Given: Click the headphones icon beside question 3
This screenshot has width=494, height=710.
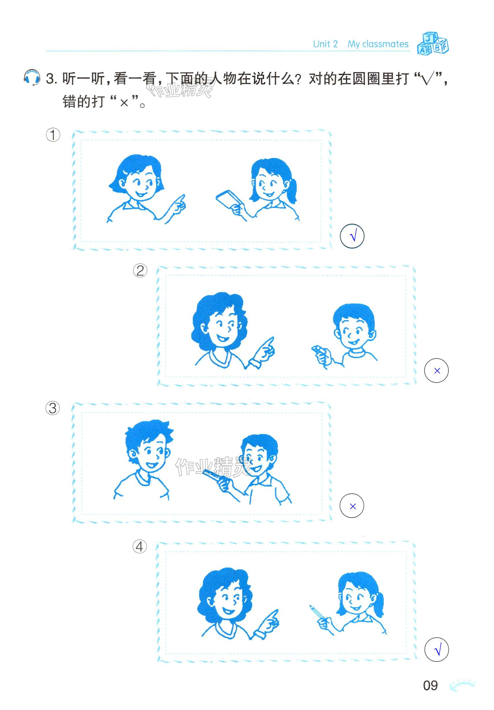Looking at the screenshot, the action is (32, 78).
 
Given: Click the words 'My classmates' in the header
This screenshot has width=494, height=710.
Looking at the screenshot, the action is (378, 44).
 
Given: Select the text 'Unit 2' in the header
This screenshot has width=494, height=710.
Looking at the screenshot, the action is (325, 44).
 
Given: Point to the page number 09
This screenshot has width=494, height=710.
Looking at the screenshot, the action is (430, 686).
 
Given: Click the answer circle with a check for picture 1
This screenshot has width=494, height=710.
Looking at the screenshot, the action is (352, 236).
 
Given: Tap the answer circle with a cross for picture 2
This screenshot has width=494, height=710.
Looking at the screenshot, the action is (436, 370).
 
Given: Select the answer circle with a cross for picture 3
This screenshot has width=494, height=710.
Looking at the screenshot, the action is (352, 506).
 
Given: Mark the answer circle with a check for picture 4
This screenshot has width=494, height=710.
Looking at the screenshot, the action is (436, 650).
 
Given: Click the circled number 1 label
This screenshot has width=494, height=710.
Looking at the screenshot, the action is (53, 135).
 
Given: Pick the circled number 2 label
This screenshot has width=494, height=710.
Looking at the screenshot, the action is (140, 271).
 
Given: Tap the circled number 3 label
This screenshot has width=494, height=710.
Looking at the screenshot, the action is (53, 408).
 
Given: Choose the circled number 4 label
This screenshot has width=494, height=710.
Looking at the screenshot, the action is (139, 547).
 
